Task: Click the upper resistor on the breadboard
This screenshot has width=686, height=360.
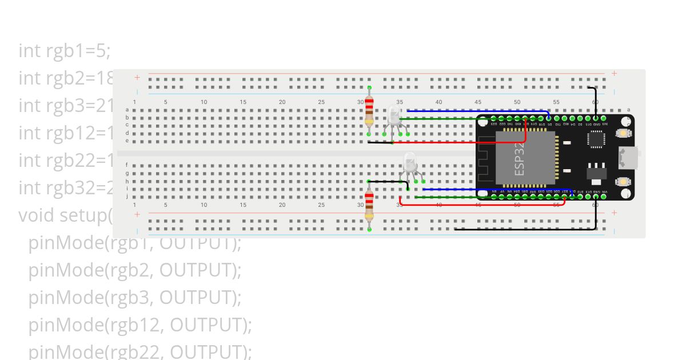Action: (x=369, y=110)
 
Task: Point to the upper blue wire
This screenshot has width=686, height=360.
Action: (x=474, y=111)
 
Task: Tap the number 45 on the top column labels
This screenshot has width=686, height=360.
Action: (x=478, y=102)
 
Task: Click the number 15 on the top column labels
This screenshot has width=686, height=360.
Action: (x=243, y=102)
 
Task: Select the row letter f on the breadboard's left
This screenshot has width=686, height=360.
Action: (x=127, y=165)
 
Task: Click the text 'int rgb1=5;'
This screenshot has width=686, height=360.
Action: (x=64, y=51)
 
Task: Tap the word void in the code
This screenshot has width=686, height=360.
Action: (x=37, y=215)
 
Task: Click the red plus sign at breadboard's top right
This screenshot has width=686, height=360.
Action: (x=614, y=73)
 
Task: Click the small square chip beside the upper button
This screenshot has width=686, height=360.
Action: (x=595, y=138)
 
